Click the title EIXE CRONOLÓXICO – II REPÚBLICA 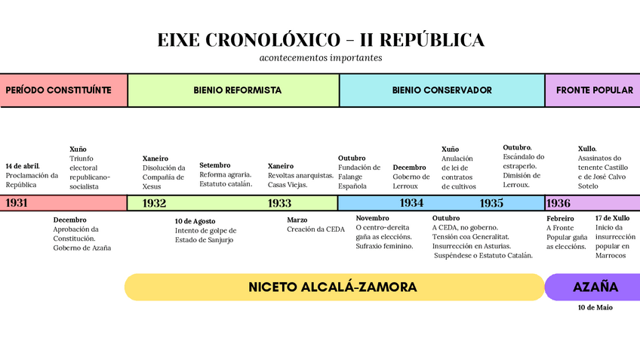coord(321,40)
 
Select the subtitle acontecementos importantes coord(321,57)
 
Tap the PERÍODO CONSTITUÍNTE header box coord(63,90)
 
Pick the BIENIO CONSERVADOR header coord(442,90)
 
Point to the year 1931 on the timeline coord(17,203)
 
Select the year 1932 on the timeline coord(154,203)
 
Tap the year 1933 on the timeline coord(279,203)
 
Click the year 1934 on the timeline coord(411,203)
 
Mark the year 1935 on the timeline coord(491,203)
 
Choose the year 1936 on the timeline coord(558,203)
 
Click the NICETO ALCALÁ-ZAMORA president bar coord(333,288)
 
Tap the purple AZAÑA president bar coord(595,288)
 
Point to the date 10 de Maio coord(595,308)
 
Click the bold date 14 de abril coord(23,165)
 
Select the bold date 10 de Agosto coord(195,221)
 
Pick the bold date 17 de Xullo coord(612,218)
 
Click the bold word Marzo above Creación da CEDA coord(297,220)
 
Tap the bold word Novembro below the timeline coord(372,218)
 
